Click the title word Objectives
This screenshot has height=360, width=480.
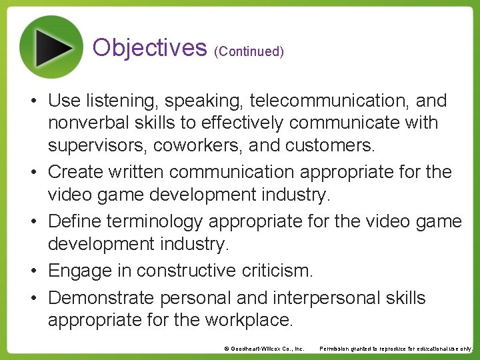tap(150, 47)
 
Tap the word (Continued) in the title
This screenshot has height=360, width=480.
tap(249, 51)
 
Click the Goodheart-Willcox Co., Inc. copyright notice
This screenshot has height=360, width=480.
tap(264, 349)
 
